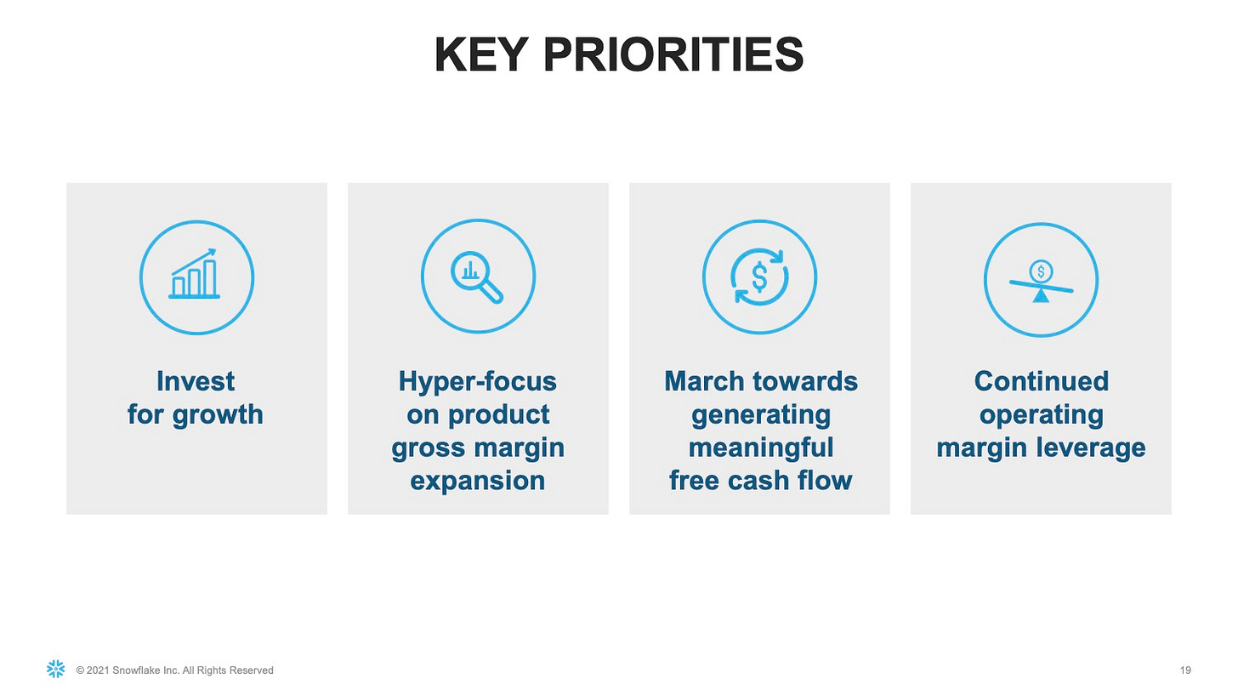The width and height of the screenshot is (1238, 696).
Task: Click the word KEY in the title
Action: pyautogui.click(x=480, y=54)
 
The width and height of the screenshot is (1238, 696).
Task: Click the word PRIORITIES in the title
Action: pyautogui.click(x=673, y=54)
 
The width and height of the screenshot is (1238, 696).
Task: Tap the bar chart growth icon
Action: pyautogui.click(x=194, y=274)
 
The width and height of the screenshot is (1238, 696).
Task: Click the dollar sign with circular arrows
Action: pyautogui.click(x=759, y=277)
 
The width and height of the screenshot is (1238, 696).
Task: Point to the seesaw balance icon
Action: pyautogui.click(x=1042, y=281)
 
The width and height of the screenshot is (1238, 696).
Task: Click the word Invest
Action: pyautogui.click(x=196, y=381)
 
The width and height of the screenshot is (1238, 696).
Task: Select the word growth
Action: pyautogui.click(x=218, y=415)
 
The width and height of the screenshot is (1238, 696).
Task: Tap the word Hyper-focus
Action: pyautogui.click(x=478, y=381)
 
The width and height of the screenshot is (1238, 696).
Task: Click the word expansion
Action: pyautogui.click(x=478, y=481)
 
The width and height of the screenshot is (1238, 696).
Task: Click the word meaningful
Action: pyautogui.click(x=760, y=448)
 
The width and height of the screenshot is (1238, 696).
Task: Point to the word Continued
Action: pyautogui.click(x=1042, y=381)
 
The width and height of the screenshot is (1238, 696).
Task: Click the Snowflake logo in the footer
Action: pyautogui.click(x=56, y=669)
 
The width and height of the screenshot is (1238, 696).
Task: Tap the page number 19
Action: pyautogui.click(x=1185, y=670)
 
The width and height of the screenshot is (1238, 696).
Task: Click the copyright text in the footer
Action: pyautogui.click(x=174, y=670)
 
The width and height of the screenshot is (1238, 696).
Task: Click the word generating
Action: pyautogui.click(x=760, y=415)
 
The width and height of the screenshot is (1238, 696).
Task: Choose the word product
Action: pyautogui.click(x=498, y=415)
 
